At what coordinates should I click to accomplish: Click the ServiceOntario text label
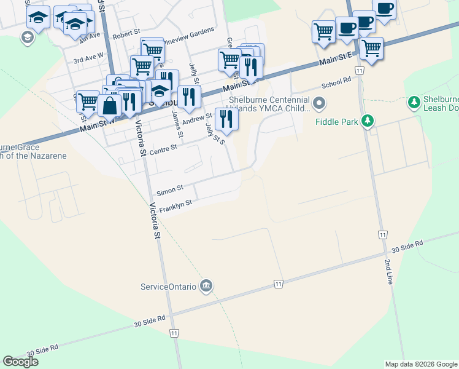pyautogui.click(x=168, y=287)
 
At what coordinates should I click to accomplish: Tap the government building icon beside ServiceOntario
pyautogui.click(x=206, y=286)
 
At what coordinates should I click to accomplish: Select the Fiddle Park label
pyautogui.click(x=336, y=122)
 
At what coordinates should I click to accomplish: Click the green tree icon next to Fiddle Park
pyautogui.click(x=368, y=121)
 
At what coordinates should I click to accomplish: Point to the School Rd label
pyautogui.click(x=336, y=82)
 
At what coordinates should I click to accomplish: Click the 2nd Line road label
pyautogui.click(x=388, y=271)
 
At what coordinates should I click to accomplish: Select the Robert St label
pyautogui.click(x=127, y=38)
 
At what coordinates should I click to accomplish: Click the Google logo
pyautogui.click(x=21, y=362)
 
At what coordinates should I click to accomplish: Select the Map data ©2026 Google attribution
pyautogui.click(x=421, y=364)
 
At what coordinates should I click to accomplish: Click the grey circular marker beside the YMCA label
pyautogui.click(x=318, y=103)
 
